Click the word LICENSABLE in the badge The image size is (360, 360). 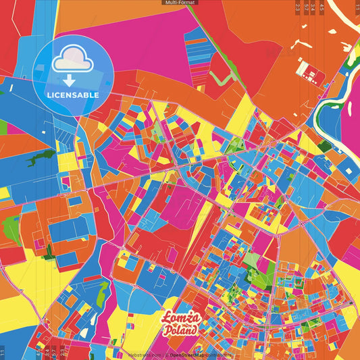(73, 95)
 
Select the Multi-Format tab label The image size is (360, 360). (180, 3)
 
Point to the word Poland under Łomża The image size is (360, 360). (181, 331)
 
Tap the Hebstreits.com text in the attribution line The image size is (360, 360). (144, 354)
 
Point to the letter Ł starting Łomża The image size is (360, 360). (165, 318)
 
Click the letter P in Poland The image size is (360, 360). (166, 331)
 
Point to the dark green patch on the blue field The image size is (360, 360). (41, 157)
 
